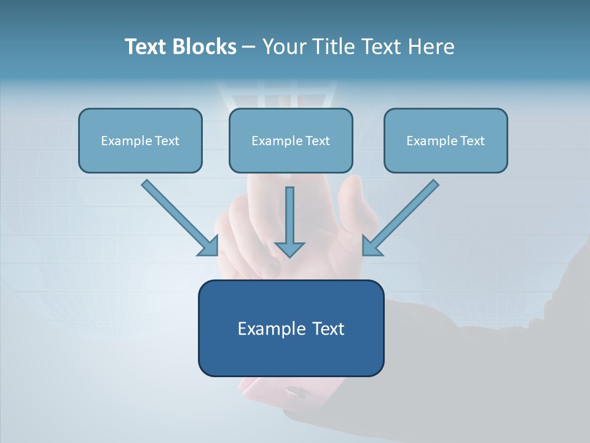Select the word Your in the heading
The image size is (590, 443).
285,47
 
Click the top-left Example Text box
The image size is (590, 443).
140,140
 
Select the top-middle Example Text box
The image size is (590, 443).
291,140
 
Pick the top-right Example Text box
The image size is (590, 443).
446,140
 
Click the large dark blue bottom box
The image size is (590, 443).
291,328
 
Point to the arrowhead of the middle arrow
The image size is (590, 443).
289,249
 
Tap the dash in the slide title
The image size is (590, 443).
249,47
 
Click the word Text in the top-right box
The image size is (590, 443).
472,141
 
